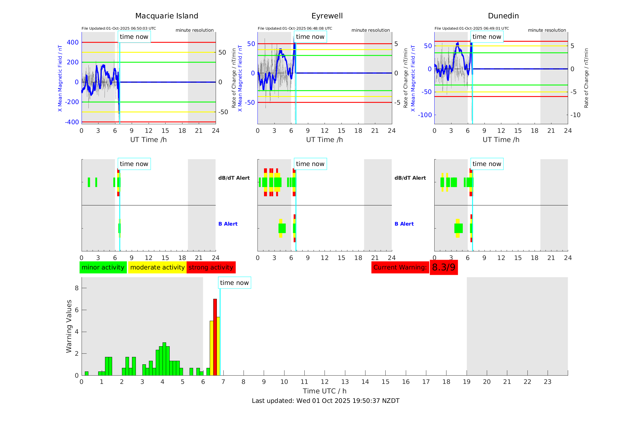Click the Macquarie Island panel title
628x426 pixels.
point(167,16)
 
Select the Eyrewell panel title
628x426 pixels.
point(327,16)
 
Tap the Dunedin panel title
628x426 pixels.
point(503,16)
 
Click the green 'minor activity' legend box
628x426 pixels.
point(103,267)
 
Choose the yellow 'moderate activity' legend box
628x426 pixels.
point(157,267)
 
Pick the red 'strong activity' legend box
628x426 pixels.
point(211,267)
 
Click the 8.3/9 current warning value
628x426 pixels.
point(443,267)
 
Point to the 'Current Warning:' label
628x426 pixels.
point(400,267)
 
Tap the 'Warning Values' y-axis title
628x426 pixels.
point(69,326)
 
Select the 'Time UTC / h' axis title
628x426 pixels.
point(325,391)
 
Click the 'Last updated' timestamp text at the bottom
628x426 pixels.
point(325,401)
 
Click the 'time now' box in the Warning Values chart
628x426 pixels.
point(234,283)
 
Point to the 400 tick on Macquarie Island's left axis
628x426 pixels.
point(73,42)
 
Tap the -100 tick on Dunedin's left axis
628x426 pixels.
point(425,115)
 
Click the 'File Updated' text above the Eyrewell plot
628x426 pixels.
point(295,28)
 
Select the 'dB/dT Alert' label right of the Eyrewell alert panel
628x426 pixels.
point(410,178)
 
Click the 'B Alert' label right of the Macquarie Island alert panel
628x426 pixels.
point(228,224)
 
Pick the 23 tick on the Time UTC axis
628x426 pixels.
point(547,382)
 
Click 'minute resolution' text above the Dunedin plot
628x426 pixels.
point(547,30)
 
